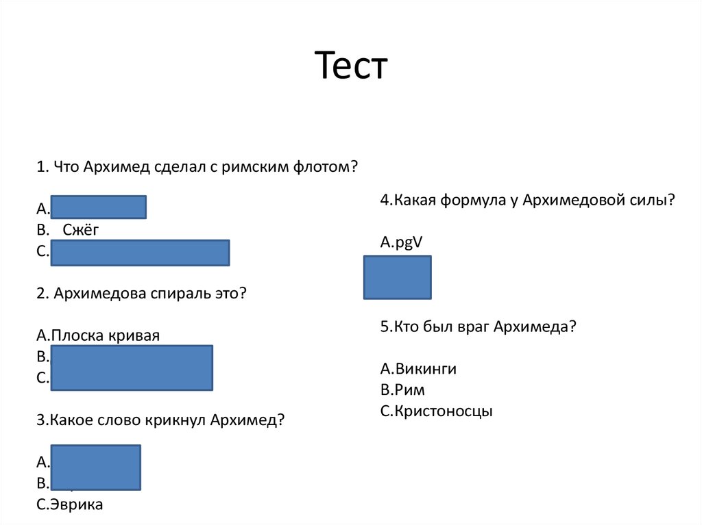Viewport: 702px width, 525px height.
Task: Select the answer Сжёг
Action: pyautogui.click(x=81, y=230)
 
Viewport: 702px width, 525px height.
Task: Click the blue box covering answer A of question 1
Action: pyautogui.click(x=99, y=207)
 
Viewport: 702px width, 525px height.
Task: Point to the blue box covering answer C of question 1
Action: pyautogui.click(x=140, y=253)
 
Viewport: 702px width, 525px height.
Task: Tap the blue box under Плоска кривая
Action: pyautogui.click(x=132, y=368)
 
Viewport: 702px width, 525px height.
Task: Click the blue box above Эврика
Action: pyautogui.click(x=96, y=468)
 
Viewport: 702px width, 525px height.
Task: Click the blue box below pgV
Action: pyautogui.click(x=398, y=277)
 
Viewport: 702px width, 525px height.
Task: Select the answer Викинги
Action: pyautogui.click(x=418, y=369)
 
